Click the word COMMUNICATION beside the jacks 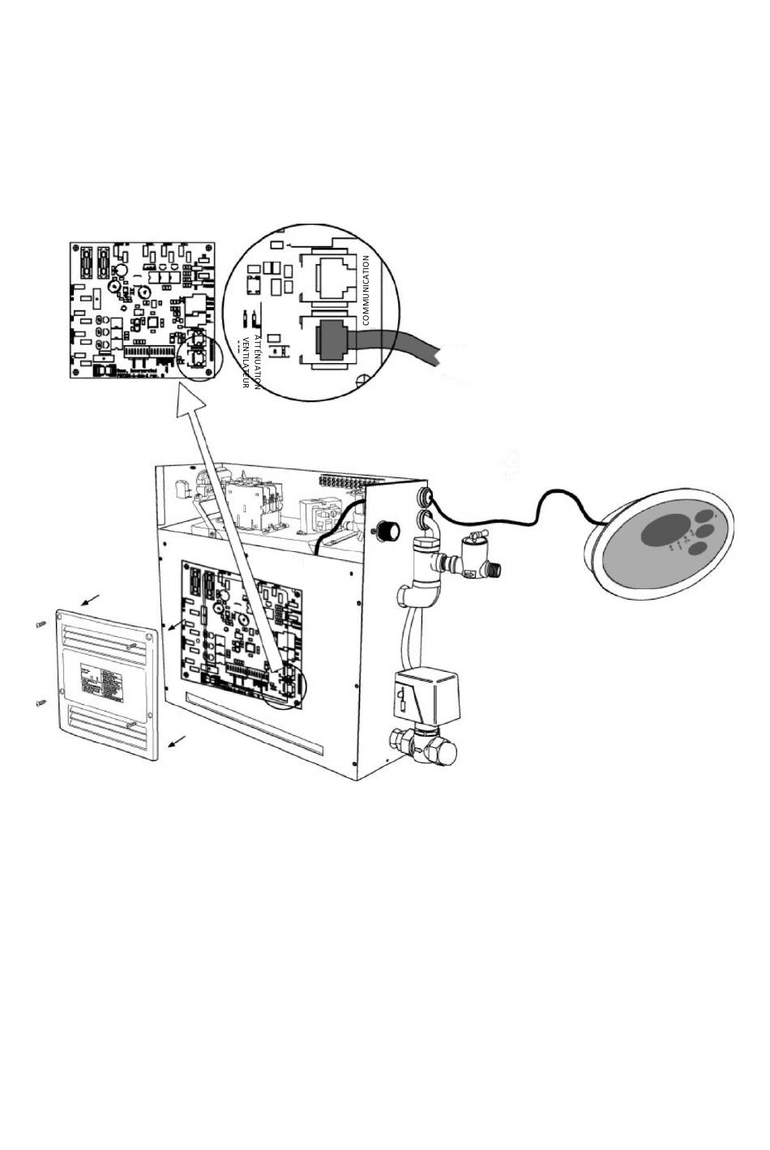[x=366, y=290]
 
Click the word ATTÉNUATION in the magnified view [x=257, y=361]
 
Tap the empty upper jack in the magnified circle [x=327, y=276]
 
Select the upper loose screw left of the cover [x=40, y=624]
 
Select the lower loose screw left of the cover [x=41, y=703]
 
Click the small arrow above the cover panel [x=91, y=600]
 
